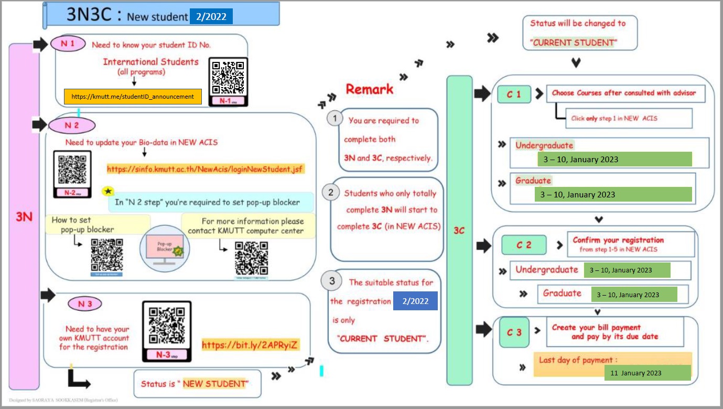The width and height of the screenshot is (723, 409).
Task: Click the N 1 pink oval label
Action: click(x=68, y=44)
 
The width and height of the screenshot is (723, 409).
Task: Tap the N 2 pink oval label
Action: click(x=72, y=125)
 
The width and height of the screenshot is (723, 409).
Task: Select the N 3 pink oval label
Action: click(x=84, y=303)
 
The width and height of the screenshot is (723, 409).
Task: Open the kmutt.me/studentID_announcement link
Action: click(x=133, y=97)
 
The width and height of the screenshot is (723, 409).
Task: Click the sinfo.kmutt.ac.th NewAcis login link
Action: click(x=206, y=169)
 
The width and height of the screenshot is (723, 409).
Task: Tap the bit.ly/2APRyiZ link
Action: click(x=251, y=345)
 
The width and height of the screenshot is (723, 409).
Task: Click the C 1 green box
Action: click(x=514, y=95)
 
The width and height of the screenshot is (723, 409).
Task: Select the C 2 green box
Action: click(x=524, y=245)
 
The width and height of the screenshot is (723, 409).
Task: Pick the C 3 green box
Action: click(x=514, y=332)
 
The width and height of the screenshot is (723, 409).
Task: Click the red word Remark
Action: click(x=369, y=89)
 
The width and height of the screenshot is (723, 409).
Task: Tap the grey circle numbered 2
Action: click(x=331, y=193)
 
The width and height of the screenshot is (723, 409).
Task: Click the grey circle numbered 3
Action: click(x=331, y=281)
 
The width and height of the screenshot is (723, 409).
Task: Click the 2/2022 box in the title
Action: click(x=211, y=17)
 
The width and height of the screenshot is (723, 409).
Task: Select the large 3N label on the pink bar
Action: click(x=24, y=216)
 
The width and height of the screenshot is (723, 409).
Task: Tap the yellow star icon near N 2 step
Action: click(x=109, y=192)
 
